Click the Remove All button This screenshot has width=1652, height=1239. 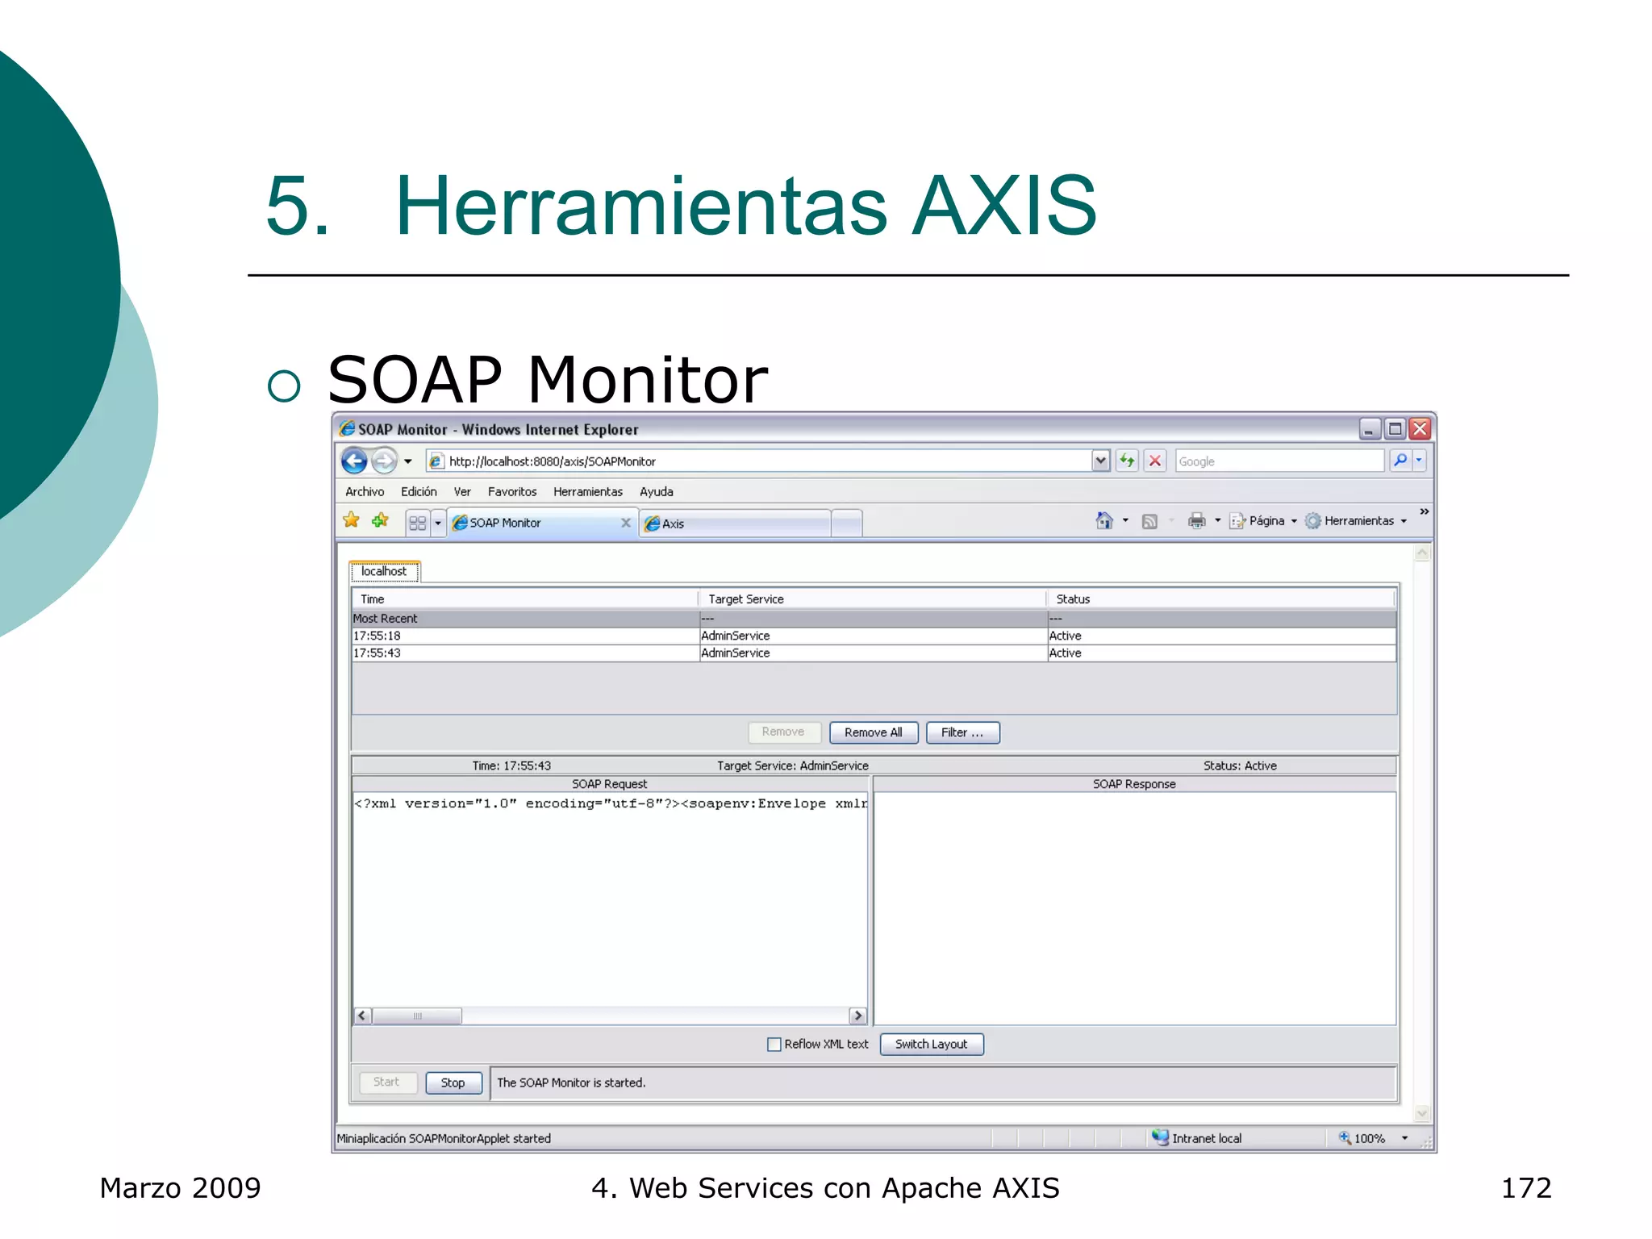[873, 732]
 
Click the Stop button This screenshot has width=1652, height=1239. [453, 1083]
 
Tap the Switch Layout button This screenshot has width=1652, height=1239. [931, 1044]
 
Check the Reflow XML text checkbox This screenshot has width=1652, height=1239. [774, 1044]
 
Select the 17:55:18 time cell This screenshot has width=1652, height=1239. [377, 636]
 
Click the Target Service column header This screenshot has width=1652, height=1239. [745, 599]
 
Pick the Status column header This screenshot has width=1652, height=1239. [1073, 599]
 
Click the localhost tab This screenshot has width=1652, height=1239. [384, 571]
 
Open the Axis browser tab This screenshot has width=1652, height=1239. [673, 524]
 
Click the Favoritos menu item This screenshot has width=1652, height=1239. [511, 491]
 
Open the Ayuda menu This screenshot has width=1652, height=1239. [656, 491]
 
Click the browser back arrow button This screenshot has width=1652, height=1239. [354, 461]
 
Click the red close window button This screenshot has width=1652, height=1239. [1420, 429]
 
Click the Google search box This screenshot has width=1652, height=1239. [1279, 461]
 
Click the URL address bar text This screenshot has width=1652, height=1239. [552, 461]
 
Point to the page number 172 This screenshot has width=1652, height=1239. [1525, 1188]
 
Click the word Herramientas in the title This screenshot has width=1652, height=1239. [641, 206]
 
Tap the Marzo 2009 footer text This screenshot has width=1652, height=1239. [180, 1188]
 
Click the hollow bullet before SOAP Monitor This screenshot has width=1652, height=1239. [284, 386]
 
